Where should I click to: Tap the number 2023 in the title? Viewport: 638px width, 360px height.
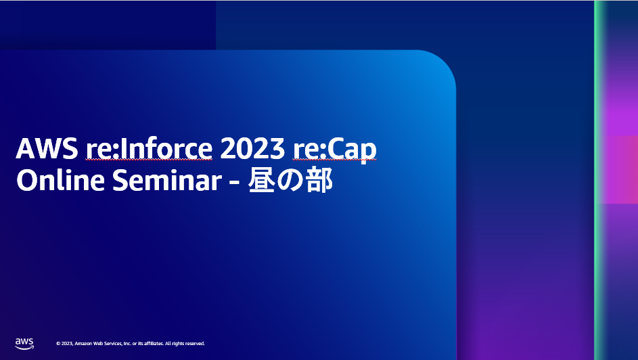click(252, 150)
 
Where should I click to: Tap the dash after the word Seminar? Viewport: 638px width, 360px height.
click(233, 182)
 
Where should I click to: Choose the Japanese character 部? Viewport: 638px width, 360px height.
click(319, 181)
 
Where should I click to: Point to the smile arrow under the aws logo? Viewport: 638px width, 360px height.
click(25, 347)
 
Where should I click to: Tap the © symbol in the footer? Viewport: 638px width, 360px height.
click(58, 344)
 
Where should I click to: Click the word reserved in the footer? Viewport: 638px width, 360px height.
click(193, 344)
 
